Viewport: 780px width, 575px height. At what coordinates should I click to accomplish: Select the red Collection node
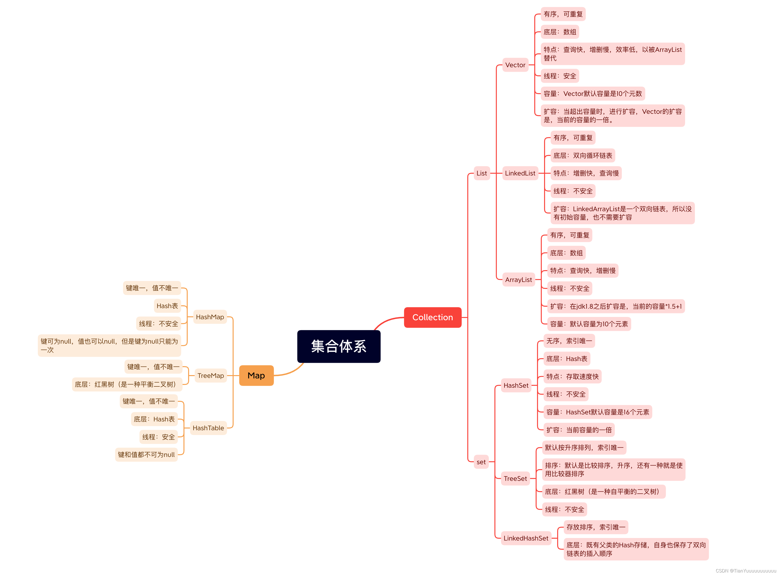tap(432, 317)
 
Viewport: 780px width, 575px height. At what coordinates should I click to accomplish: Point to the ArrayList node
tap(518, 279)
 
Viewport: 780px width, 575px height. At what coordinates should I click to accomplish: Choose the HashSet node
tap(516, 385)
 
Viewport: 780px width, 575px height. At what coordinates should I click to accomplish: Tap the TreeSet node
tap(515, 479)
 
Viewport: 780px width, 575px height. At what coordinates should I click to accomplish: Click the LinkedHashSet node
tap(525, 538)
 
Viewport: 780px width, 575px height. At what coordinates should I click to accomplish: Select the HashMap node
tap(210, 317)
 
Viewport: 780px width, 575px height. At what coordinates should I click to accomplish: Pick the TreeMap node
tap(210, 376)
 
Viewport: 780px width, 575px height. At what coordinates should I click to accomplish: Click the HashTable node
tap(208, 428)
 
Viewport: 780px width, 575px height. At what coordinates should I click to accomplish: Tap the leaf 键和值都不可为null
tap(146, 455)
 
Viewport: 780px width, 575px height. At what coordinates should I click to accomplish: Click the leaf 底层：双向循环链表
tap(582, 155)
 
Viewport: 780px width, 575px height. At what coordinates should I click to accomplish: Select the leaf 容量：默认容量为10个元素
tap(589, 324)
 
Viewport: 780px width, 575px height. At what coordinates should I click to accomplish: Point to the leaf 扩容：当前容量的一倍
tap(579, 430)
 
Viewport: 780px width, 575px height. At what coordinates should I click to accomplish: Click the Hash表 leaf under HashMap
tap(167, 306)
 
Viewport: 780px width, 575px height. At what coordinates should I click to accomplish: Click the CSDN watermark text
tap(746, 571)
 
